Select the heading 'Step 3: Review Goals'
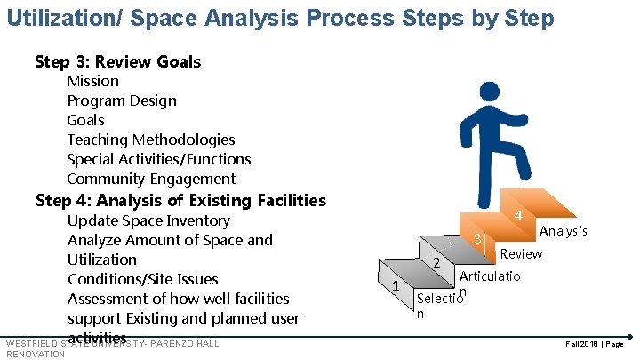click(x=117, y=61)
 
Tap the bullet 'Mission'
click(x=93, y=81)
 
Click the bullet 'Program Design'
click(x=122, y=100)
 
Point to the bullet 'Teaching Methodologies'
click(x=151, y=140)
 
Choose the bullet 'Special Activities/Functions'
click(x=159, y=159)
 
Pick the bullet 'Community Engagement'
click(x=151, y=179)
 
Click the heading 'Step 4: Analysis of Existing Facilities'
click(x=180, y=200)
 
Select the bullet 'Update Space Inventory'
click(x=148, y=220)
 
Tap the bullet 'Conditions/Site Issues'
click(x=142, y=279)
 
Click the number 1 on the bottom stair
click(x=394, y=284)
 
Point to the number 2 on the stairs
click(x=436, y=262)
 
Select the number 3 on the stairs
click(x=477, y=238)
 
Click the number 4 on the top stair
click(x=517, y=216)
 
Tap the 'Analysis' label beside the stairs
click(x=564, y=231)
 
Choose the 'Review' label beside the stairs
click(x=522, y=253)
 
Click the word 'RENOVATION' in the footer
click(x=35, y=354)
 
